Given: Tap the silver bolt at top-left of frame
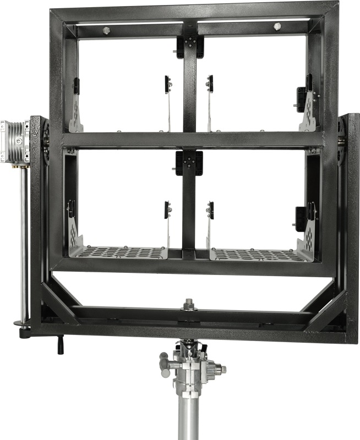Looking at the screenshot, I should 107,29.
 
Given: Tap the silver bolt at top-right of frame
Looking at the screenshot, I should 277,26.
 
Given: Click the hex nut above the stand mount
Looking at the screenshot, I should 189,302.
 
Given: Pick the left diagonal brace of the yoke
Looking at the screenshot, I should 63,300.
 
